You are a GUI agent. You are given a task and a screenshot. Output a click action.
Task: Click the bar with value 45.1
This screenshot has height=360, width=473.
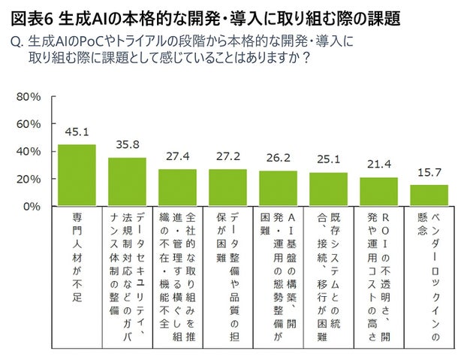coord(77,175)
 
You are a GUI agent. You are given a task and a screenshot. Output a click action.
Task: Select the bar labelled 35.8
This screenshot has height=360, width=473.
coord(127,181)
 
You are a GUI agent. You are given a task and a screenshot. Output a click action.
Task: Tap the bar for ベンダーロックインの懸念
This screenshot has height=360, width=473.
coord(429,195)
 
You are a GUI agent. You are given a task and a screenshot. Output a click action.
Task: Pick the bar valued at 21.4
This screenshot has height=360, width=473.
coord(378,192)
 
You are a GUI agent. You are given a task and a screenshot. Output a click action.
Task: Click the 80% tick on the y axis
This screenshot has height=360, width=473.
coord(28,97)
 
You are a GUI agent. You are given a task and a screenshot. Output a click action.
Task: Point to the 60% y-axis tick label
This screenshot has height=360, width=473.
coord(28,124)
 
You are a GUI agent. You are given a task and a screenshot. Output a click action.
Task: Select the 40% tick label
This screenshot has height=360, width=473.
coord(28,151)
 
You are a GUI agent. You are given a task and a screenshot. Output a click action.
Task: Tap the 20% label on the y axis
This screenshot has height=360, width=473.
coord(28,179)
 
